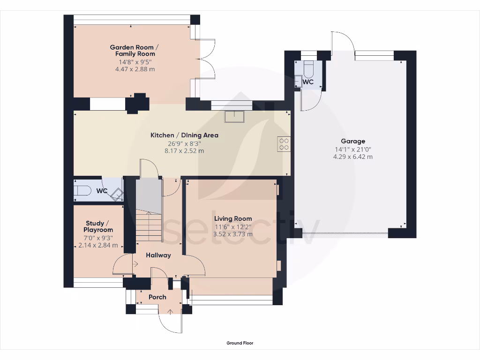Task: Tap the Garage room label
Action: pyautogui.click(x=353, y=141)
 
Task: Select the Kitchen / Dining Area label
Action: pyautogui.click(x=184, y=135)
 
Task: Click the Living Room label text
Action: pyautogui.click(x=233, y=218)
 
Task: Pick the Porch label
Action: pyautogui.click(x=157, y=297)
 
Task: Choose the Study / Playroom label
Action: pyautogui.click(x=98, y=226)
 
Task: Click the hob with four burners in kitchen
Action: pyautogui.click(x=284, y=143)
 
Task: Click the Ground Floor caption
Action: pyautogui.click(x=240, y=343)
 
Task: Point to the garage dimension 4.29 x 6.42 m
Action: pyautogui.click(x=353, y=157)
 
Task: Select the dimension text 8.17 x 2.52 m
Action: pyautogui.click(x=184, y=151)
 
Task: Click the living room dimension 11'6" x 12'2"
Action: pyautogui.click(x=233, y=226)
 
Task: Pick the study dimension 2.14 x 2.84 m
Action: pyautogui.click(x=98, y=245)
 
